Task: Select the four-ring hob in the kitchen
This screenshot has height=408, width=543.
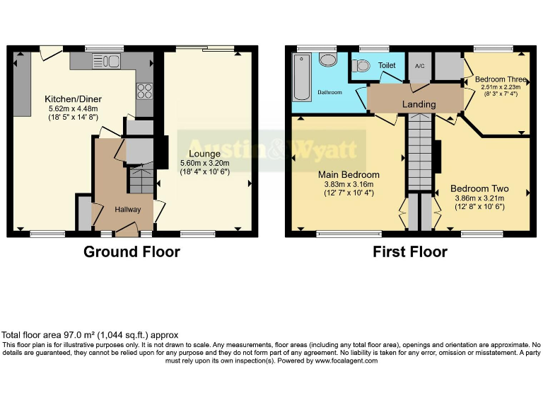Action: tap(145, 91)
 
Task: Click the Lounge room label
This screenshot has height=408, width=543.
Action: tap(204, 154)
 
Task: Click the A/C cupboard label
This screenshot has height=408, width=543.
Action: tap(419, 66)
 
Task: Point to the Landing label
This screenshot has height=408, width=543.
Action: tap(419, 105)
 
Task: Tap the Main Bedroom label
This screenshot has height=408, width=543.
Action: tap(349, 175)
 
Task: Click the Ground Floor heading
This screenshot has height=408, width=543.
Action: tap(132, 251)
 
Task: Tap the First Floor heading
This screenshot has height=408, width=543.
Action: tap(410, 251)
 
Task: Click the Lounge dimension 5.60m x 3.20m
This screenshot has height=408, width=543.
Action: tap(204, 163)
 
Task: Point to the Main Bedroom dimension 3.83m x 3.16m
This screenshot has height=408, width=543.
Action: tap(349, 184)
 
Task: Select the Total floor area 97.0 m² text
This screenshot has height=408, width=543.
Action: tap(90, 335)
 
